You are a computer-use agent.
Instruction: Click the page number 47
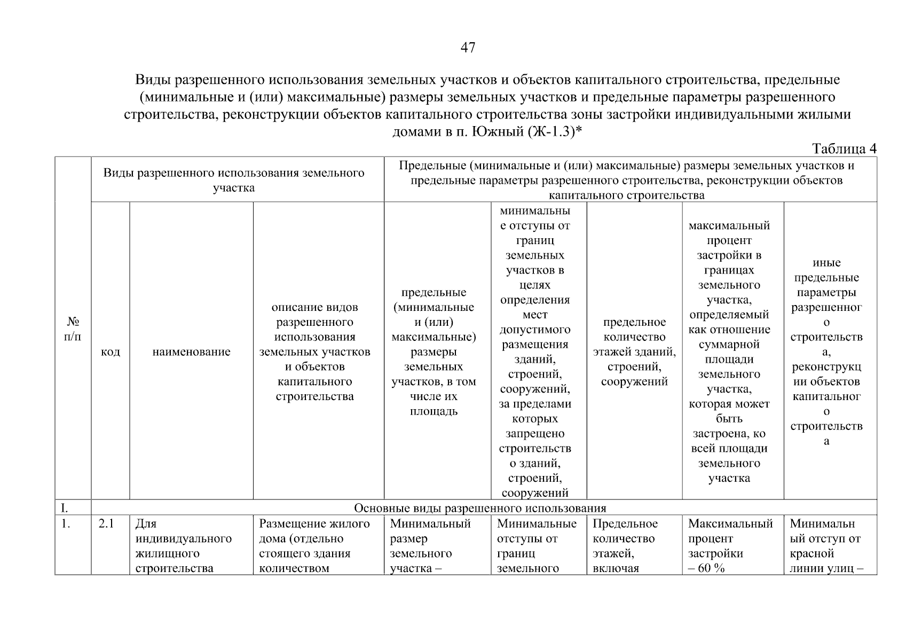coord(468,48)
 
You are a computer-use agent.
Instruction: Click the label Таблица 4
coord(844,148)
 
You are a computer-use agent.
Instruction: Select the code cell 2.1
coord(106,524)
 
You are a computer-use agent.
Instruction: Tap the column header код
coord(110,352)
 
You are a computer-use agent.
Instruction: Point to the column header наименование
coord(191,352)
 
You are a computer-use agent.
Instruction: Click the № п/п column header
coord(73,329)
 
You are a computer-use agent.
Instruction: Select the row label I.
coord(64,507)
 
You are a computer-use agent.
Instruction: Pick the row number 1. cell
coord(66,524)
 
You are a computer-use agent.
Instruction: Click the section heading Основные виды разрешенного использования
coord(480,507)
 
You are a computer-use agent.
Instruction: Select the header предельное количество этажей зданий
coord(634,352)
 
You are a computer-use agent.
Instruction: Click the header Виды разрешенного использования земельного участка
coord(234,180)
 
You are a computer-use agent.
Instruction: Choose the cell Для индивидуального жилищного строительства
coord(184,546)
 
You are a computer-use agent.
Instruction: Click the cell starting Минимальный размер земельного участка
coord(430,546)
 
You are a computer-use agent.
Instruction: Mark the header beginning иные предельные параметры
coord(826,352)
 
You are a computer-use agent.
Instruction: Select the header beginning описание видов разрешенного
coord(314,352)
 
